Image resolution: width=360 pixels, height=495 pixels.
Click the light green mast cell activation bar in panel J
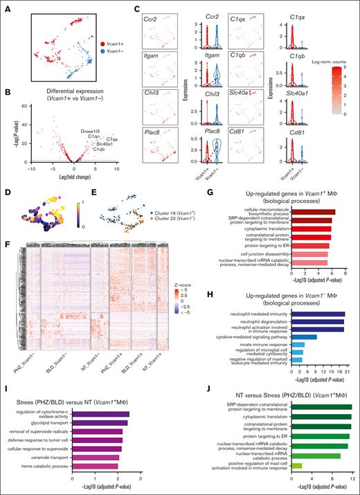[x=298, y=465]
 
